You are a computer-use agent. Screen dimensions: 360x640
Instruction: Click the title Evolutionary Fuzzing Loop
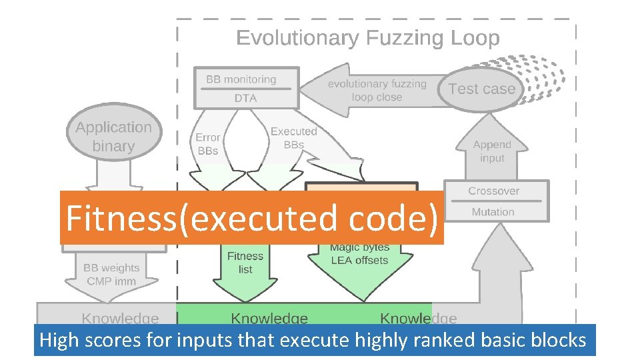367,38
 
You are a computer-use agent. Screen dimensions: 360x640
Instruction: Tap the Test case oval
481,89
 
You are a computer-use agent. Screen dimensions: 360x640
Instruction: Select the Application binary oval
113,137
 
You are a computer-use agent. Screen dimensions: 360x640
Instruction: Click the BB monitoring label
241,79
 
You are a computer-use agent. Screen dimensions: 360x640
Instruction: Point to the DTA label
245,98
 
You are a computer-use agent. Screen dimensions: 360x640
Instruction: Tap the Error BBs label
207,144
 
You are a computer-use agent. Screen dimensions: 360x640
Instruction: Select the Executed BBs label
293,138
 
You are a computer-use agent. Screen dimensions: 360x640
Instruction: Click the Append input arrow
492,151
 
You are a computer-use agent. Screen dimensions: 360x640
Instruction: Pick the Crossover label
493,191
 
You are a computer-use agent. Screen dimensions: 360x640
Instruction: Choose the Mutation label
493,212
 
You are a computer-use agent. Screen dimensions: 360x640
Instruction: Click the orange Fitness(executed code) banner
251,218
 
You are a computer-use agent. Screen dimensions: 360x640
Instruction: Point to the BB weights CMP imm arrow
111,275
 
